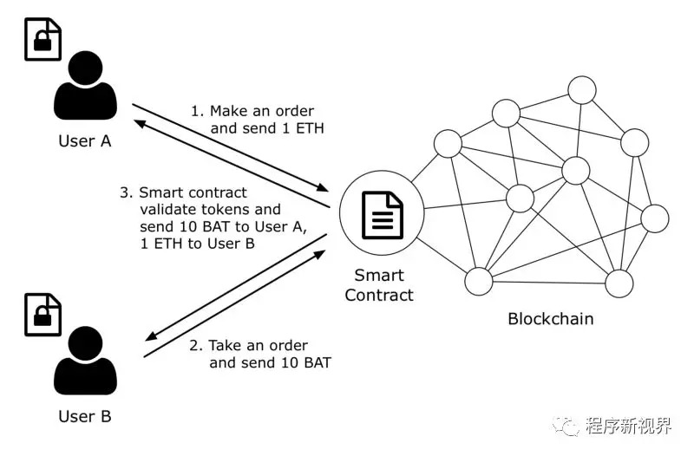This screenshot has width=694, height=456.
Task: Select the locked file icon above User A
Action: [43, 37]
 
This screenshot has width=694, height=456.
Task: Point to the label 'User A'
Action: [84, 140]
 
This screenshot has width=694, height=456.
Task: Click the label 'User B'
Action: [84, 417]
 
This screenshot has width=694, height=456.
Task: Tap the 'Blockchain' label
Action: [551, 319]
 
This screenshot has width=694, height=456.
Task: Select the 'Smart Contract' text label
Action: [379, 285]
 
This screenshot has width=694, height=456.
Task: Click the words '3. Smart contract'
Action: [183, 192]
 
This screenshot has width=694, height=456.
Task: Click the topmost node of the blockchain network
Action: [580, 89]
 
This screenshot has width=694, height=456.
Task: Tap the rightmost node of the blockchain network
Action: [654, 218]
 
